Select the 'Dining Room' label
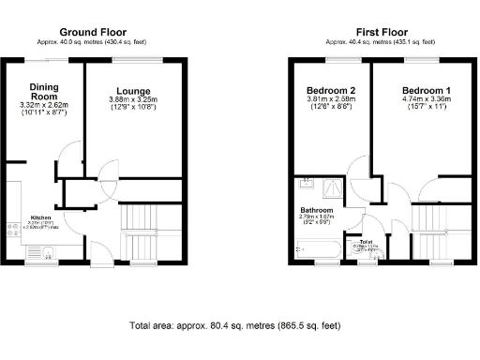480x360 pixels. coord(44,92)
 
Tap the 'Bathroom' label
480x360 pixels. coord(317,210)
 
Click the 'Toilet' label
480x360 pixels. coord(364,241)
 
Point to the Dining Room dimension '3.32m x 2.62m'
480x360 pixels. coord(44,106)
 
